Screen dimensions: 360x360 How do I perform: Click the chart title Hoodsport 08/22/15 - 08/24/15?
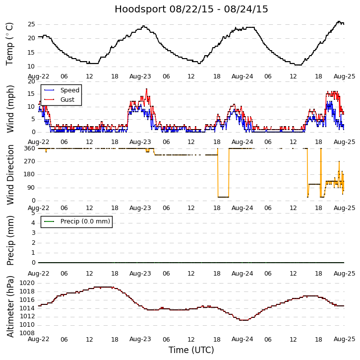pos(191,9)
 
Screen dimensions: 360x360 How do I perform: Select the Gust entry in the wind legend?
pos(67,100)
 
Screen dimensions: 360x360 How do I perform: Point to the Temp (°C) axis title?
pos(10,44)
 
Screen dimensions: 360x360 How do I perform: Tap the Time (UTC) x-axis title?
pos(191,350)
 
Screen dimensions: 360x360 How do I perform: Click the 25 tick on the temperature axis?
pos(31,24)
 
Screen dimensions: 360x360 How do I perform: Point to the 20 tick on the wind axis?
pos(31,81)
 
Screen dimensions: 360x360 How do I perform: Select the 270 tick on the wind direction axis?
pos(29,161)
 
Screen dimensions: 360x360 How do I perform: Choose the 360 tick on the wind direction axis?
pos(29,148)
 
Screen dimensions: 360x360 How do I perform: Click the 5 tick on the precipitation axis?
pos(33,213)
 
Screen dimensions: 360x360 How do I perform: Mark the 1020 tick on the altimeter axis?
pos(27,283)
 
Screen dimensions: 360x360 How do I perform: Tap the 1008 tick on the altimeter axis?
pos(27,333)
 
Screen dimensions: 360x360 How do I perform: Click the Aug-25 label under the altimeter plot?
pos(344,339)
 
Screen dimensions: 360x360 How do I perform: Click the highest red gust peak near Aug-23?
pos(146,89)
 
